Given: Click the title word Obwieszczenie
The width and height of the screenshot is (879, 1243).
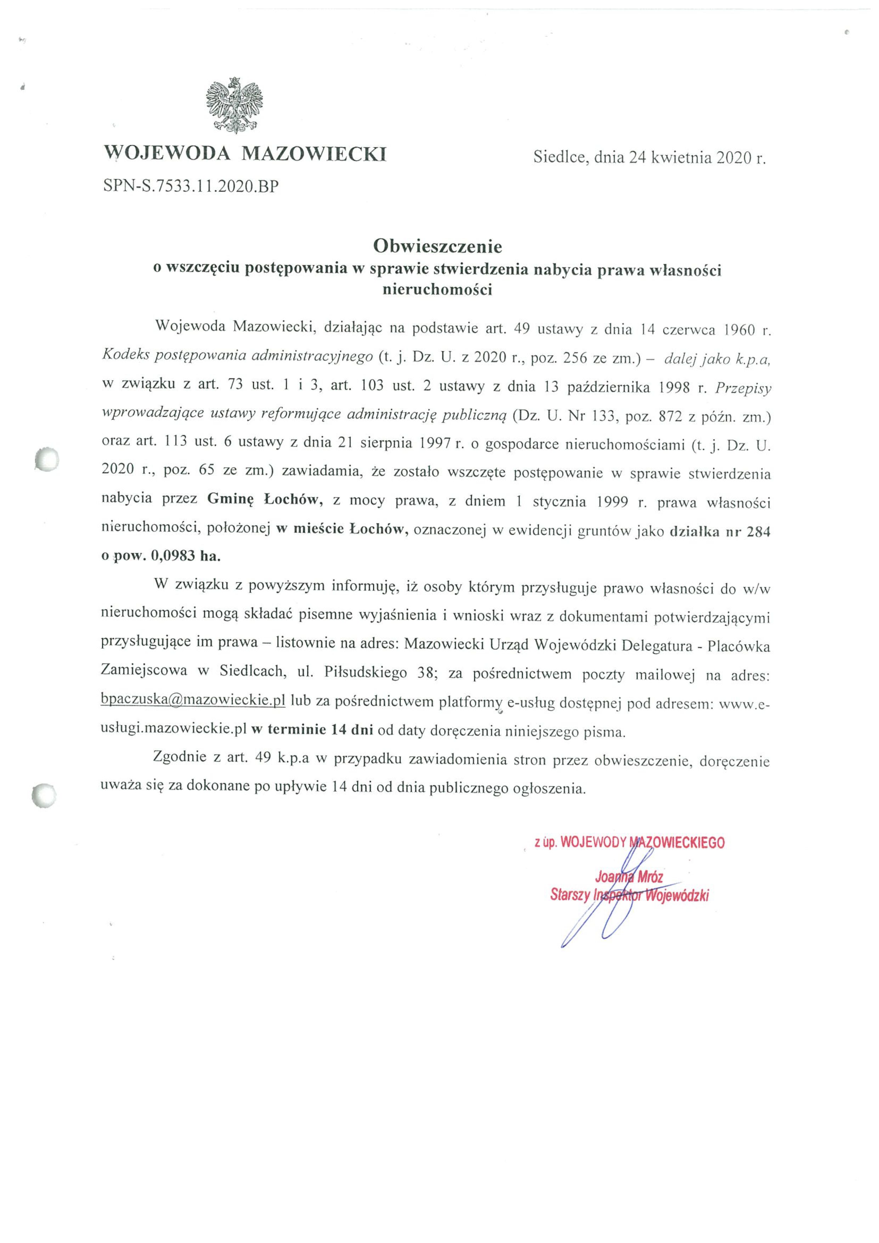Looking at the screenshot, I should [437, 247].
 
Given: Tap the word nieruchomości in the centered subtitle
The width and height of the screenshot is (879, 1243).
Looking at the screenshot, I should [437, 290].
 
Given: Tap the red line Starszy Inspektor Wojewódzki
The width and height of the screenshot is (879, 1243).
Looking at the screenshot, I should [629, 896].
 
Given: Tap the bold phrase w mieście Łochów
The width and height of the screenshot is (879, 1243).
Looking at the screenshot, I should [342, 529].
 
